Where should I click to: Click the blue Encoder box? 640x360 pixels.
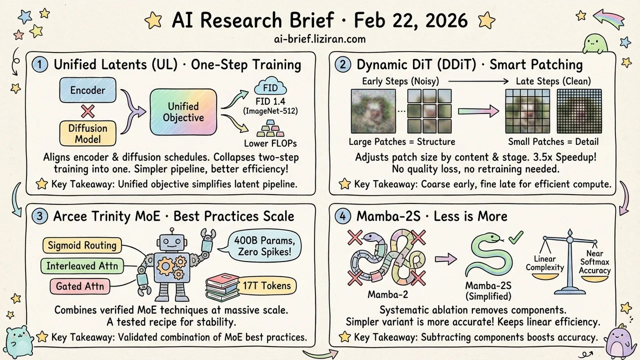(x=87, y=90)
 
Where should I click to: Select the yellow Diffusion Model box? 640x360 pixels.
(x=87, y=133)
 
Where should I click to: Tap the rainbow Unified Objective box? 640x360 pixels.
(x=183, y=112)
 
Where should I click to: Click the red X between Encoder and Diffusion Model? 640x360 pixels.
(x=87, y=111)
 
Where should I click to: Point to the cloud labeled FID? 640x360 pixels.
(x=270, y=86)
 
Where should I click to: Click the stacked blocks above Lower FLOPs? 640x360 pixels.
(x=270, y=128)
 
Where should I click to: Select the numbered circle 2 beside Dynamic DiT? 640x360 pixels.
(x=342, y=64)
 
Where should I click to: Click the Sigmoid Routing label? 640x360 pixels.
(x=82, y=245)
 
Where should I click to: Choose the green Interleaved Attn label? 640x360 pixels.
(x=82, y=266)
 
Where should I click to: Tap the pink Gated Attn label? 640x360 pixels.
(x=80, y=286)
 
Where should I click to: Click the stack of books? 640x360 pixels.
(x=222, y=287)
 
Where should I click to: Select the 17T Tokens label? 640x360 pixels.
(x=266, y=285)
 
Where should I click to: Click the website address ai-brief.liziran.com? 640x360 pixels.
(x=319, y=39)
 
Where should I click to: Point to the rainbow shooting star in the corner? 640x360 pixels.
(x=609, y=19)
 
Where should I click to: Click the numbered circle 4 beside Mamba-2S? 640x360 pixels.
(x=342, y=216)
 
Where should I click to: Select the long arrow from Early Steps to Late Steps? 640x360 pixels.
(x=478, y=81)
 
